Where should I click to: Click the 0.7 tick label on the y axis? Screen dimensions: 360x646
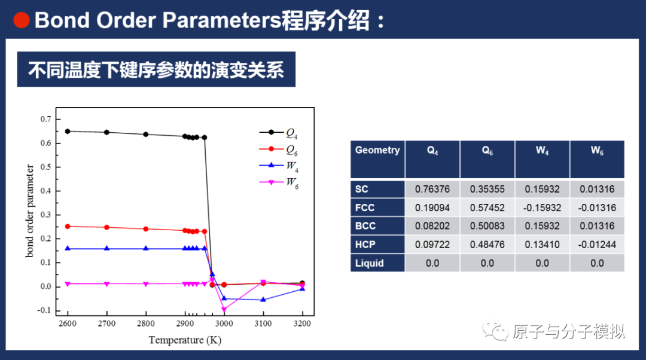[x=46, y=119]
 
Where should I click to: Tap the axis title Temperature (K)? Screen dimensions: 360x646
[x=185, y=340]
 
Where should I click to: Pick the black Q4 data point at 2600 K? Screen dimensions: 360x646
[x=68, y=131]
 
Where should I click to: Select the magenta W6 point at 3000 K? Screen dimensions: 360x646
[x=224, y=309]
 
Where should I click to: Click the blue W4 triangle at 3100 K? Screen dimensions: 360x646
[x=263, y=299]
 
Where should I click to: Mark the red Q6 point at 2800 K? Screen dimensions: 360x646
[x=146, y=229]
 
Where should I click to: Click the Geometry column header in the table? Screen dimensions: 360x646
[x=377, y=150]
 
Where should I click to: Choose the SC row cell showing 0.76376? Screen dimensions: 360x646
[x=432, y=189]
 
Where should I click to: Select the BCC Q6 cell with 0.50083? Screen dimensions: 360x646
[x=487, y=226]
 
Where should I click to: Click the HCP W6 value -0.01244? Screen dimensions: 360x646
[x=597, y=245]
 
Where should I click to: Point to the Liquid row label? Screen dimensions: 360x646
[x=369, y=263]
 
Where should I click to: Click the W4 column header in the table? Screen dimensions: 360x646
[x=542, y=151]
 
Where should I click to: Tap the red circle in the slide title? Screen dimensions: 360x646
[x=22, y=20]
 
